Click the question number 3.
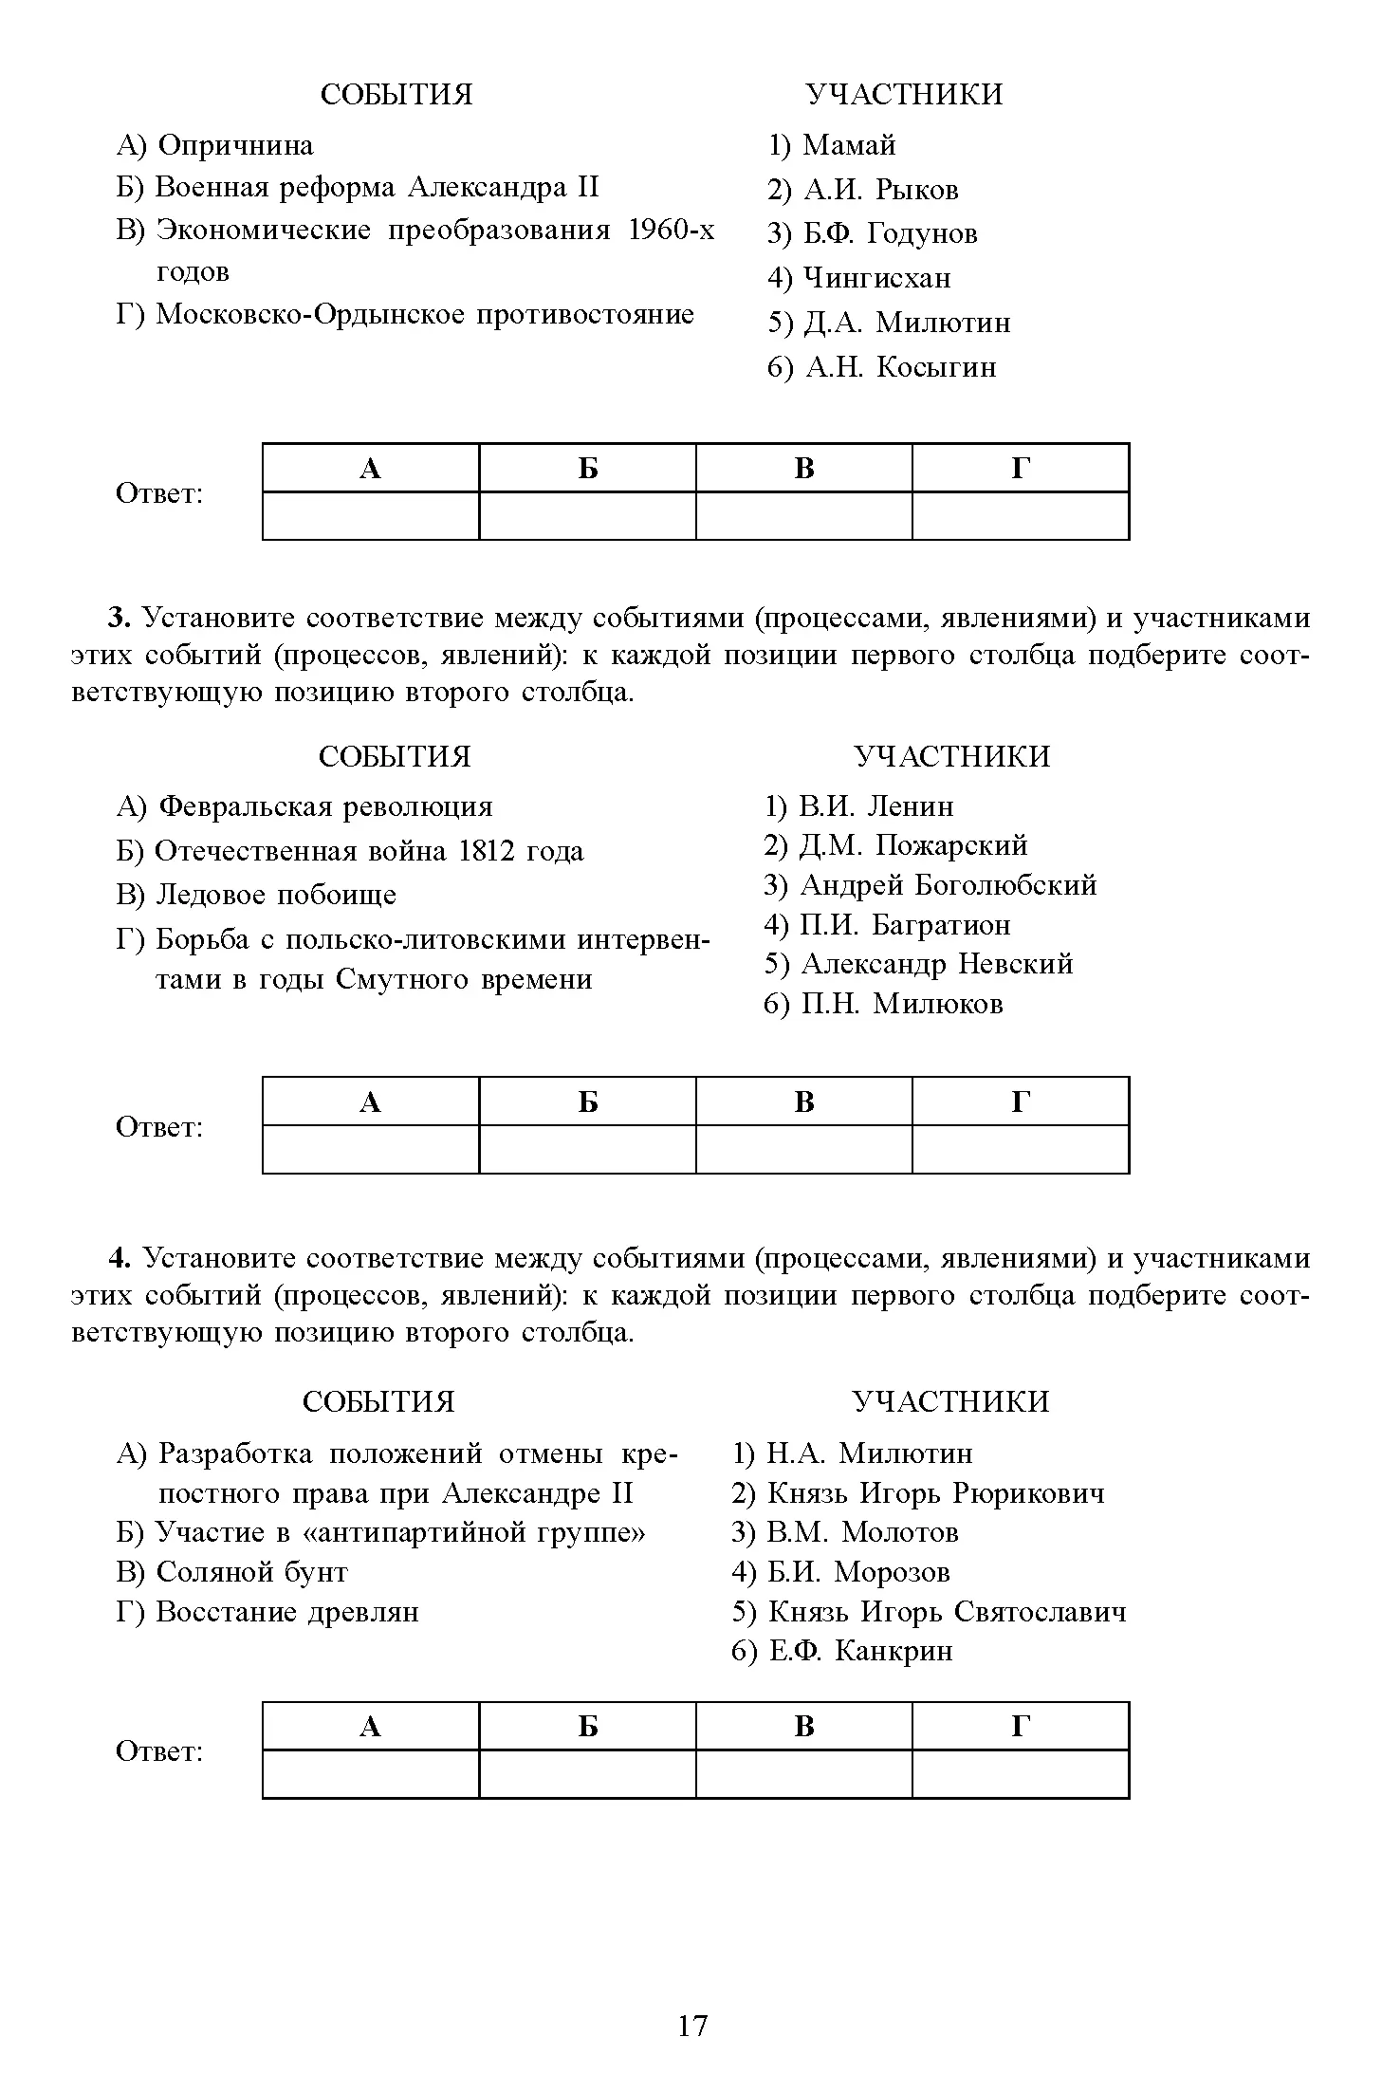click(118, 619)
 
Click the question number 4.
click(118, 1258)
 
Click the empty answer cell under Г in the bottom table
click(1021, 1773)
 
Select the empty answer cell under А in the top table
click(371, 515)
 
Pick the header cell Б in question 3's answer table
click(588, 1102)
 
